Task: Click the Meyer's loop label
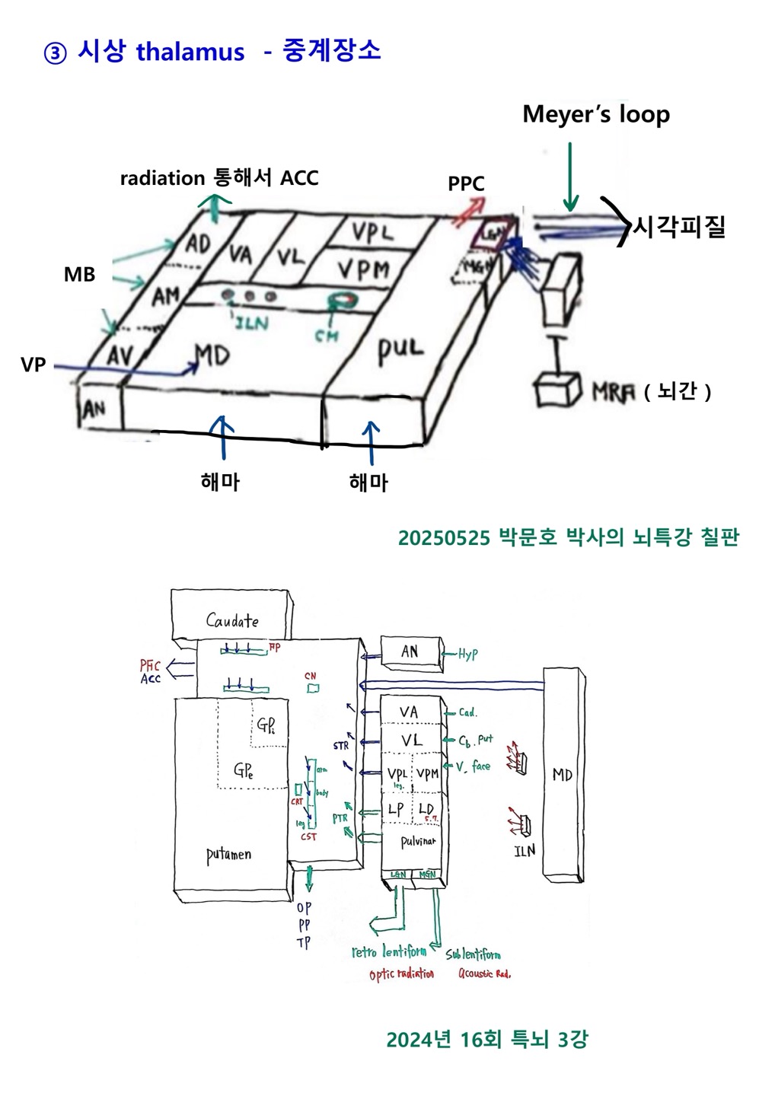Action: pyautogui.click(x=596, y=114)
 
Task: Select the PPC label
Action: pyautogui.click(x=466, y=183)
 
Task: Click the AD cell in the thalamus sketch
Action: pyautogui.click(x=198, y=244)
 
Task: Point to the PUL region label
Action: pyautogui.click(x=400, y=349)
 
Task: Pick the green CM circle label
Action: pyautogui.click(x=327, y=334)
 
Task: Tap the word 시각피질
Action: pyautogui.click(x=679, y=226)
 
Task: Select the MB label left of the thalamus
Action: pyautogui.click(x=79, y=274)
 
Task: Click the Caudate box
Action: pyautogui.click(x=231, y=620)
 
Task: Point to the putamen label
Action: pyautogui.click(x=228, y=854)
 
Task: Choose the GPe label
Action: pyautogui.click(x=244, y=770)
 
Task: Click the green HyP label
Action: pyautogui.click(x=467, y=654)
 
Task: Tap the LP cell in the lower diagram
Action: pyautogui.click(x=396, y=809)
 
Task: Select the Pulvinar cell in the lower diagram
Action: pyautogui.click(x=418, y=842)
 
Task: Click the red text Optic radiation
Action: pyautogui.click(x=401, y=974)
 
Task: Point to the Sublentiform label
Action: pyautogui.click(x=473, y=954)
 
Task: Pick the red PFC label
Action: pyautogui.click(x=150, y=666)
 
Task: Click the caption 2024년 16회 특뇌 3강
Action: pyautogui.click(x=486, y=1039)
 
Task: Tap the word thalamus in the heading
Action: pyautogui.click(x=190, y=52)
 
